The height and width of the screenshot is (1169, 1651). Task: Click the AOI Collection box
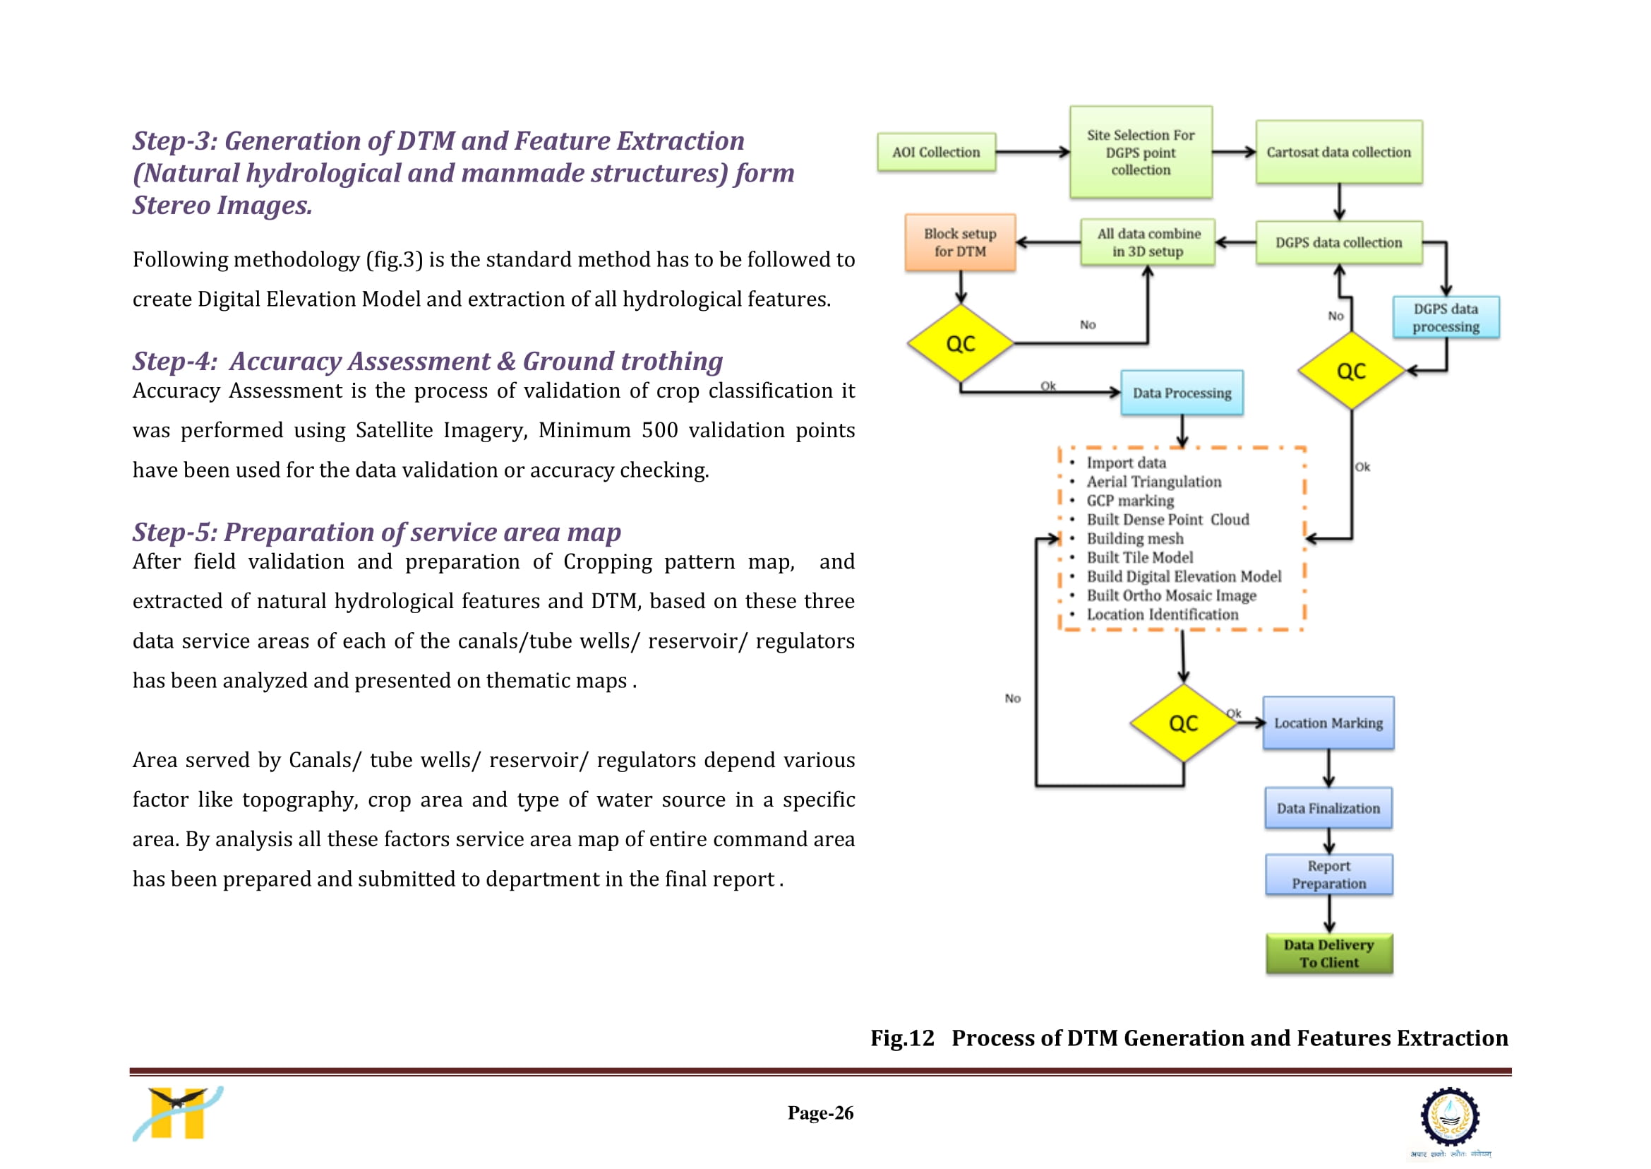click(x=936, y=152)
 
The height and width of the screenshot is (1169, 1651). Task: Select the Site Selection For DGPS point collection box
click(x=1141, y=152)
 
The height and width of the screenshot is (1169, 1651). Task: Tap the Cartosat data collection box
click(x=1339, y=152)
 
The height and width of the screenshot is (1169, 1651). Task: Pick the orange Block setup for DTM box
click(x=961, y=242)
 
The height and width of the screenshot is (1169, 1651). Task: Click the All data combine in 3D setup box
click(x=1148, y=242)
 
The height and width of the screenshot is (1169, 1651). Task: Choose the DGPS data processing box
click(x=1446, y=317)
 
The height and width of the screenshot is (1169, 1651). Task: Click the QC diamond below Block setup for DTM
click(x=961, y=343)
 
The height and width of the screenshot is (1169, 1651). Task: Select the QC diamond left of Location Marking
click(x=1184, y=723)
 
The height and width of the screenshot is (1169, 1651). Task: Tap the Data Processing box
click(x=1182, y=393)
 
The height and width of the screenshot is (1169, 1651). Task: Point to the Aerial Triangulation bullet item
click(x=1154, y=482)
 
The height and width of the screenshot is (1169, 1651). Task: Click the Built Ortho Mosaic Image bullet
click(x=1171, y=595)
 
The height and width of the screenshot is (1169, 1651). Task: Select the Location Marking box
click(x=1328, y=723)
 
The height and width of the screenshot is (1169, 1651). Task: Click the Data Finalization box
click(x=1328, y=808)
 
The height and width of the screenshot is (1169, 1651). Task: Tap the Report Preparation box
click(x=1329, y=874)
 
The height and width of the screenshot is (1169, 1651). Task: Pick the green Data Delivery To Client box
click(x=1329, y=954)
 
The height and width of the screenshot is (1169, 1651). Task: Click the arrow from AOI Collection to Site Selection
click(x=1033, y=152)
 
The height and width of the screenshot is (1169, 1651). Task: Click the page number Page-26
click(x=821, y=1113)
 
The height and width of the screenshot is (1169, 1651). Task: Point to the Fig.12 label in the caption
click(x=902, y=1038)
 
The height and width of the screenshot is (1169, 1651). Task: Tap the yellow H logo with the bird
click(x=178, y=1114)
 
